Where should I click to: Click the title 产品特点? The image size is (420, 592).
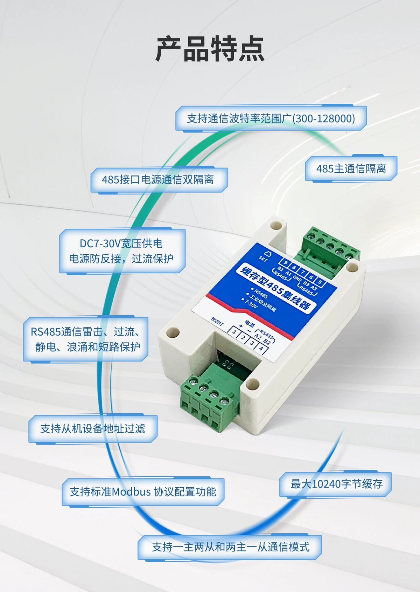pos(210,49)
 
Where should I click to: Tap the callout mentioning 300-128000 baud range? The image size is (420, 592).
pos(271,118)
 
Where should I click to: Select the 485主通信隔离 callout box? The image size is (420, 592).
pos(351,168)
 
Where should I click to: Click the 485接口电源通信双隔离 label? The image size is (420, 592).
pos(158,180)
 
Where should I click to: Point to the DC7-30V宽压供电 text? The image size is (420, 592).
pos(121,243)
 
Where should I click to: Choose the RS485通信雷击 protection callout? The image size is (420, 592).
pos(86,339)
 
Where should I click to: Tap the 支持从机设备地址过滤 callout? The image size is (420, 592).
pos(93,428)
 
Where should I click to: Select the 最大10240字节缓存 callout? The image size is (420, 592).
pos(336,484)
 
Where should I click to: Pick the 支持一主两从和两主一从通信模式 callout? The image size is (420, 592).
pos(230,547)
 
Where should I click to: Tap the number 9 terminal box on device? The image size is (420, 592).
pos(286,263)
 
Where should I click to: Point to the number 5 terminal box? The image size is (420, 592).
pos(320,282)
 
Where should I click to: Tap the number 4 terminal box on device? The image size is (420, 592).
pos(261,349)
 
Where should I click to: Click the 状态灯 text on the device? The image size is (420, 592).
pos(217,321)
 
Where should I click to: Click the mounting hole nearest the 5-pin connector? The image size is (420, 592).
pos(352,267)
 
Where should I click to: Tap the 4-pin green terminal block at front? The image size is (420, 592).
pos(206,403)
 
